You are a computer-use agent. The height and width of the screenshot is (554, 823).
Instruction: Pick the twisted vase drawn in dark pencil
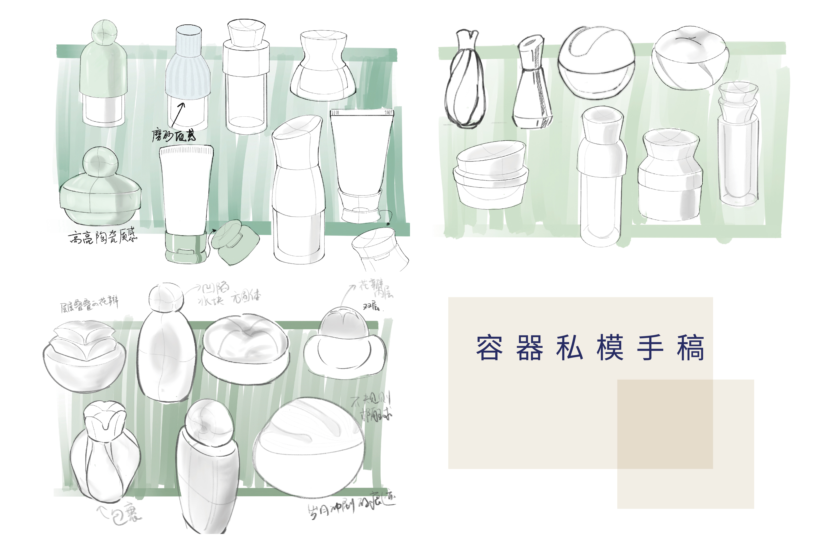coord(465,81)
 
